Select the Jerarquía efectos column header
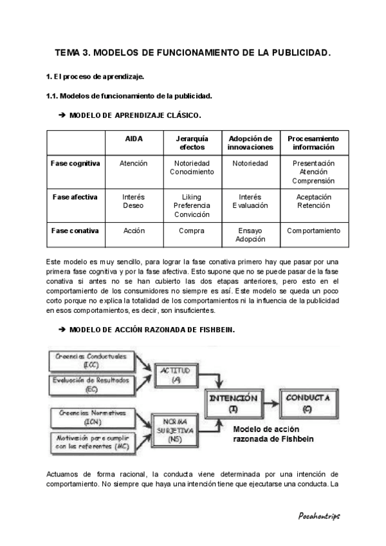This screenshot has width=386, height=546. [192, 143]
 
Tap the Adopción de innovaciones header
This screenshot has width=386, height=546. [250, 143]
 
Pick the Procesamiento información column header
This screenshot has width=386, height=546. [313, 143]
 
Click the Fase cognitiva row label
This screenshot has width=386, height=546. [75, 164]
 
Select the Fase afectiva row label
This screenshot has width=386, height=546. [75, 197]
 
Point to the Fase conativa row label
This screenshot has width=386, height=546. [75, 231]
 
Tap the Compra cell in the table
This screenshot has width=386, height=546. [192, 231]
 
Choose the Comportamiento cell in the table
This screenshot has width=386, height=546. [313, 231]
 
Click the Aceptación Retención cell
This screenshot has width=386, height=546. [313, 202]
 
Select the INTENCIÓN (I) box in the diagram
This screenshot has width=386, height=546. [234, 403]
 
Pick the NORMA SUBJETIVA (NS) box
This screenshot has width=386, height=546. [173, 428]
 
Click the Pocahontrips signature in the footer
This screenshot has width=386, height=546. [319, 516]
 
